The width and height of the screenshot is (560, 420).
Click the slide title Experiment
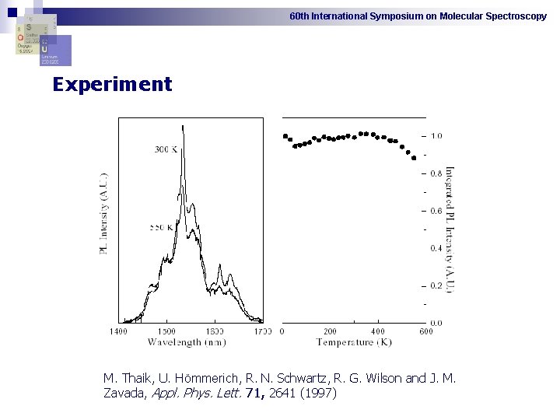pos(112,85)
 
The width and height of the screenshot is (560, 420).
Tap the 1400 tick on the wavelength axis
pos(117,331)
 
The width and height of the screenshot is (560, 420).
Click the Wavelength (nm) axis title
pos(187,342)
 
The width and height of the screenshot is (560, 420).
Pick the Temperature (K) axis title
pos(354,342)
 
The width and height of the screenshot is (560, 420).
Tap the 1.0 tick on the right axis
pos(436,136)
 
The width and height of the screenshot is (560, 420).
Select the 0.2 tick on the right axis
pos(436,285)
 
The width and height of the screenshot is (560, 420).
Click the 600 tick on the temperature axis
pos(425,331)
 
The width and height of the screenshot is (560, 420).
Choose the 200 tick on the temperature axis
pos(330,331)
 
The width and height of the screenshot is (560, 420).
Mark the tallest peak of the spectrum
pos(182,126)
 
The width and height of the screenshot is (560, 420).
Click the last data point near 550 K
pos(413,156)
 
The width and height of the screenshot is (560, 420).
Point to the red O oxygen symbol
pos(20,37)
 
